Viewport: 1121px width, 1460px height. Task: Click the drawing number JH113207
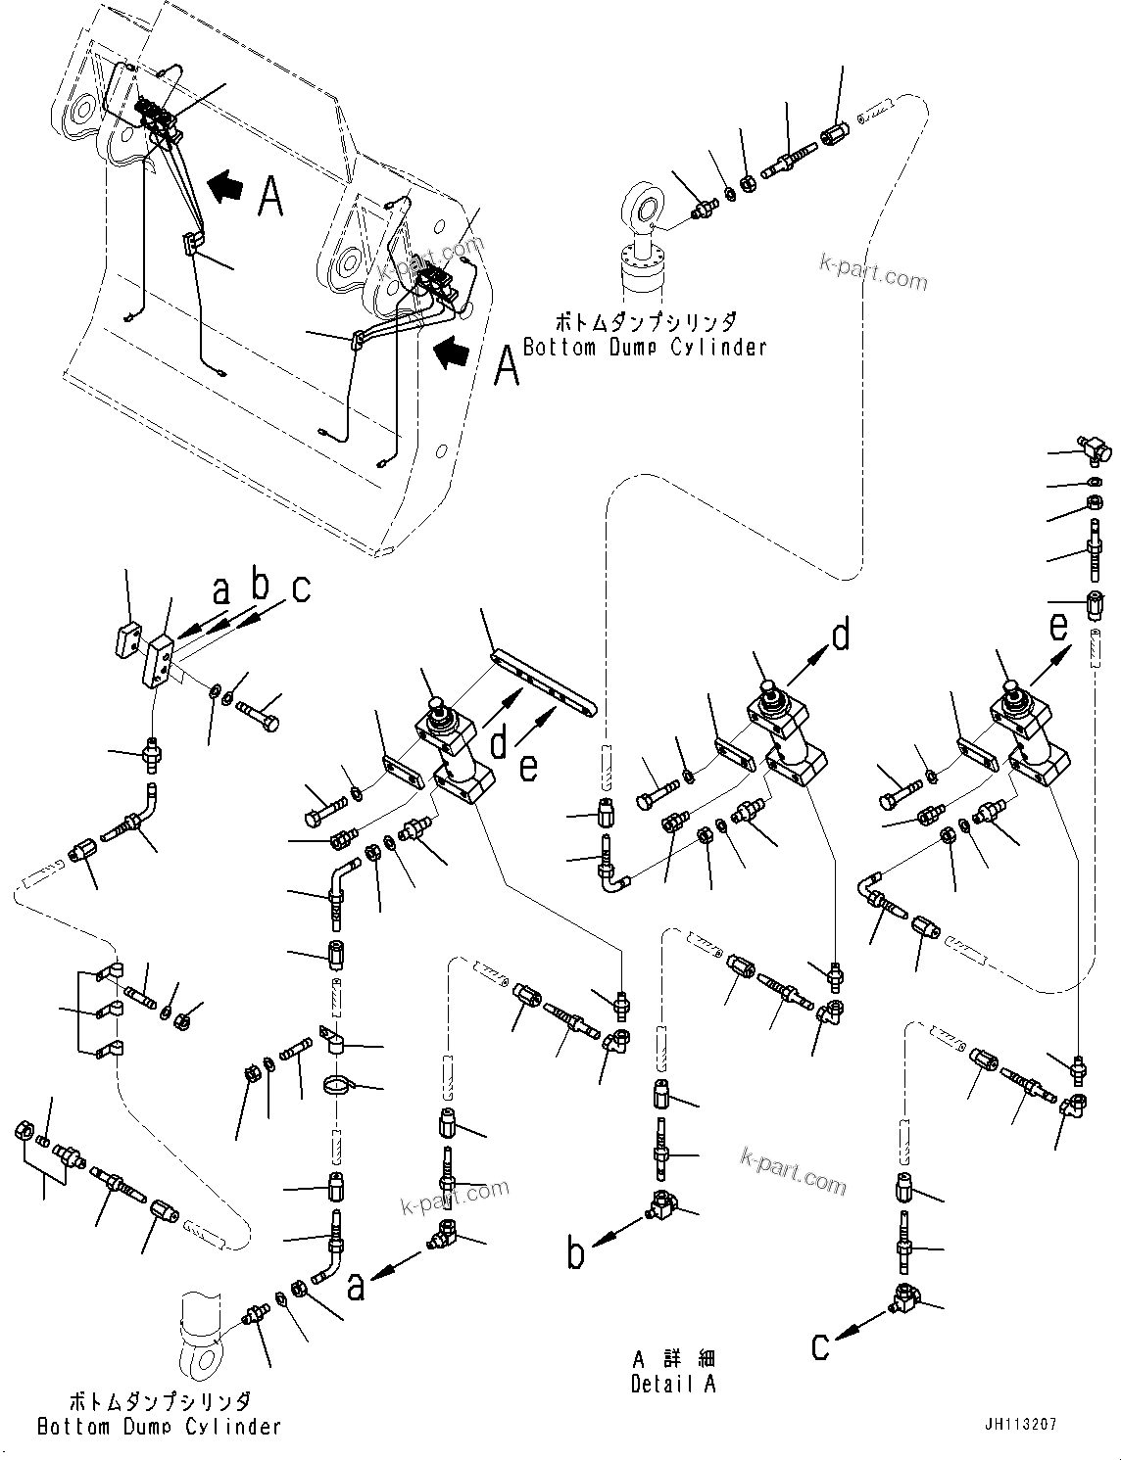point(1015,1425)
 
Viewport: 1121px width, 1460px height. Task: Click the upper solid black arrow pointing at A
point(225,186)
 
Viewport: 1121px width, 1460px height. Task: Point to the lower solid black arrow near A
point(452,353)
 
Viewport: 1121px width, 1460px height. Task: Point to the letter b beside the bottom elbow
point(577,1253)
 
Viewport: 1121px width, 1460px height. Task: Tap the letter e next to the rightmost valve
point(1058,625)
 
